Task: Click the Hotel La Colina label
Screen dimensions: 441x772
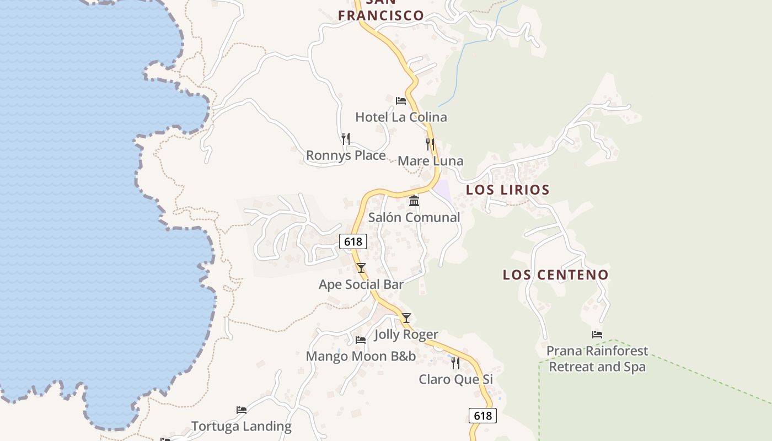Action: pos(401,117)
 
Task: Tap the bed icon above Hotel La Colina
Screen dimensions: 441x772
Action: pos(401,101)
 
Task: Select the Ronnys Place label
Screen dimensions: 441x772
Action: pos(346,155)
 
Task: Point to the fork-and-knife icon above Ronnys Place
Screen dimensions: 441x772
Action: pos(346,138)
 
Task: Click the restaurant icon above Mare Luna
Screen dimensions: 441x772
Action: pos(430,144)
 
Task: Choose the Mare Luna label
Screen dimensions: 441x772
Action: pos(430,161)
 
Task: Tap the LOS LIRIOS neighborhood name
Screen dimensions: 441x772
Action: pos(508,190)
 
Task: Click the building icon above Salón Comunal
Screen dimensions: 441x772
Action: pos(414,201)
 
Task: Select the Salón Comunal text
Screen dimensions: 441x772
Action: pos(414,217)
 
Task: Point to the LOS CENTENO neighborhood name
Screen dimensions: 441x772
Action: pos(555,275)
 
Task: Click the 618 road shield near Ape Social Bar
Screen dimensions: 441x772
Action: pos(353,241)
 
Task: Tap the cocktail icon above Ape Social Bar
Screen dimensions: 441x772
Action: pos(361,268)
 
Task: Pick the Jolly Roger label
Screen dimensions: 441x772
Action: pos(406,334)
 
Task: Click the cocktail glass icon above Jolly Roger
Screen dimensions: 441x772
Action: pos(406,318)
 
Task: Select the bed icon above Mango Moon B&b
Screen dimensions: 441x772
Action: pos(361,340)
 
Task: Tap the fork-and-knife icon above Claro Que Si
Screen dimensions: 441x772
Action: pos(455,363)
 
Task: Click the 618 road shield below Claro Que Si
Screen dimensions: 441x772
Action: pos(482,416)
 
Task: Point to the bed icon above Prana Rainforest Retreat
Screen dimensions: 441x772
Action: pos(597,334)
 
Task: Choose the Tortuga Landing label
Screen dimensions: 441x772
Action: pos(242,426)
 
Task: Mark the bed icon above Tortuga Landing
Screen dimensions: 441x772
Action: pos(242,410)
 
